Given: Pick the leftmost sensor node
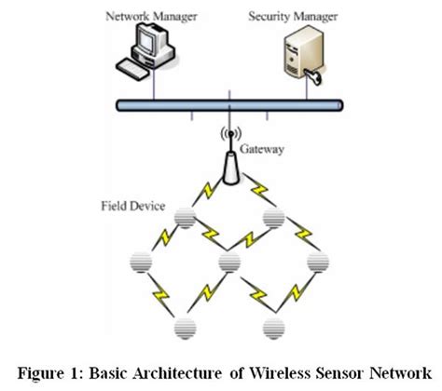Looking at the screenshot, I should [x=143, y=263].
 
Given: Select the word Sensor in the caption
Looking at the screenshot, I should [x=347, y=371].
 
